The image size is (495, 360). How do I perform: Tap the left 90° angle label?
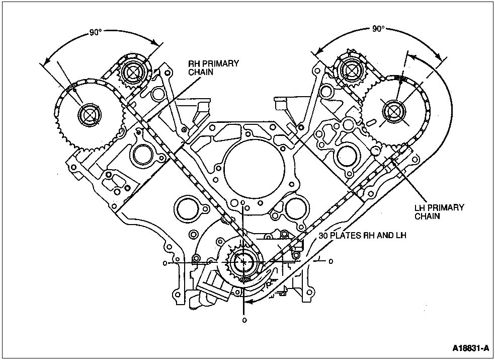(x=96, y=32)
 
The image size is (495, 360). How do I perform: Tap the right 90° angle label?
(x=378, y=29)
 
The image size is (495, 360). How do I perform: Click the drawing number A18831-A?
(x=470, y=348)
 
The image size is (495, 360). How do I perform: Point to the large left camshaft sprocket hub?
(x=90, y=115)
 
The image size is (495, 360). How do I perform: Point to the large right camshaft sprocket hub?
(x=393, y=111)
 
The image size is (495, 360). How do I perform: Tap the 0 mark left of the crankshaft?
(x=165, y=263)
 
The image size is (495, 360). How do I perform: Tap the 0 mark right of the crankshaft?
(x=331, y=262)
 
